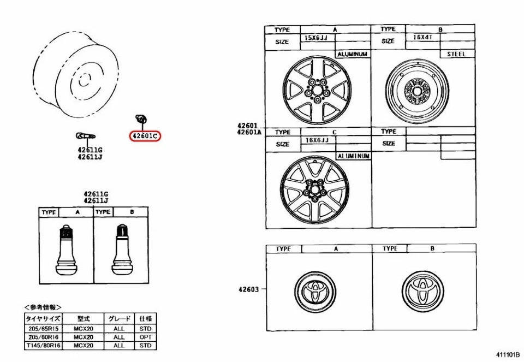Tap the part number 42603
248,289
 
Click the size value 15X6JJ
315,39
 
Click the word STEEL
456,55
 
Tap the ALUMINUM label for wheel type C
353,156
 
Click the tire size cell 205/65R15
43,329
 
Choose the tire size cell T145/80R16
43,346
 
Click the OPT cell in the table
145,337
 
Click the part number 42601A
249,132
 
